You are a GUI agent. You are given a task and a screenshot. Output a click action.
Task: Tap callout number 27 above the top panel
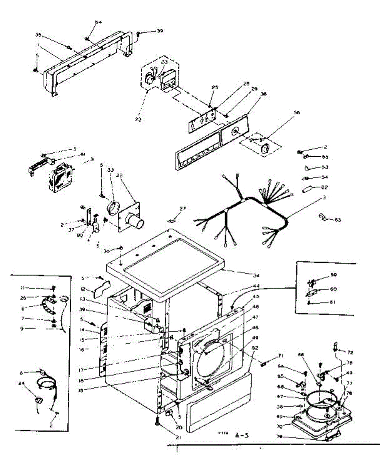(x=182, y=208)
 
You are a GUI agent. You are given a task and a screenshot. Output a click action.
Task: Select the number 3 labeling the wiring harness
(x=324, y=198)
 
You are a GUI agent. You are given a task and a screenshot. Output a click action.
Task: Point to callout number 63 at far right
(x=338, y=220)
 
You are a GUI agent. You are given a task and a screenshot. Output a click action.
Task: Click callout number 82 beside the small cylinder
(x=324, y=187)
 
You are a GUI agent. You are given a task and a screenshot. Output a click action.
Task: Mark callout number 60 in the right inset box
(x=333, y=289)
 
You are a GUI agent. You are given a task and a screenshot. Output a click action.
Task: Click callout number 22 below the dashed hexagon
(x=138, y=119)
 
